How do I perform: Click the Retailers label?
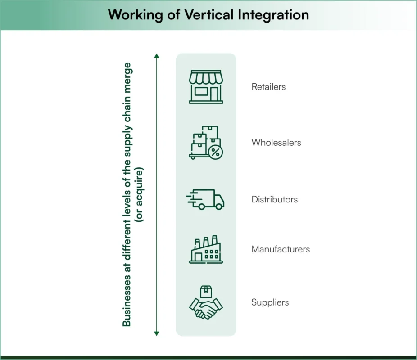tap(268, 87)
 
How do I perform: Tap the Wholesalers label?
tap(276, 143)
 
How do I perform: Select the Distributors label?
tap(274, 199)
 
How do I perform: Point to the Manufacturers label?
tap(281, 249)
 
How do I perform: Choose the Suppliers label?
tap(270, 302)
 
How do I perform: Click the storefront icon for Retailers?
tap(206, 87)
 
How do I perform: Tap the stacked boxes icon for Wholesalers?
tap(205, 142)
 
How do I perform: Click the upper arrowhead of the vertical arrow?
tap(157, 56)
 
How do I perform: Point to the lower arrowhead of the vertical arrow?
tap(157, 333)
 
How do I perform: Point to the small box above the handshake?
tap(206, 291)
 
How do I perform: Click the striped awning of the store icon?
tap(206, 77)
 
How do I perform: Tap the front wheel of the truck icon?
tap(218, 207)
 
